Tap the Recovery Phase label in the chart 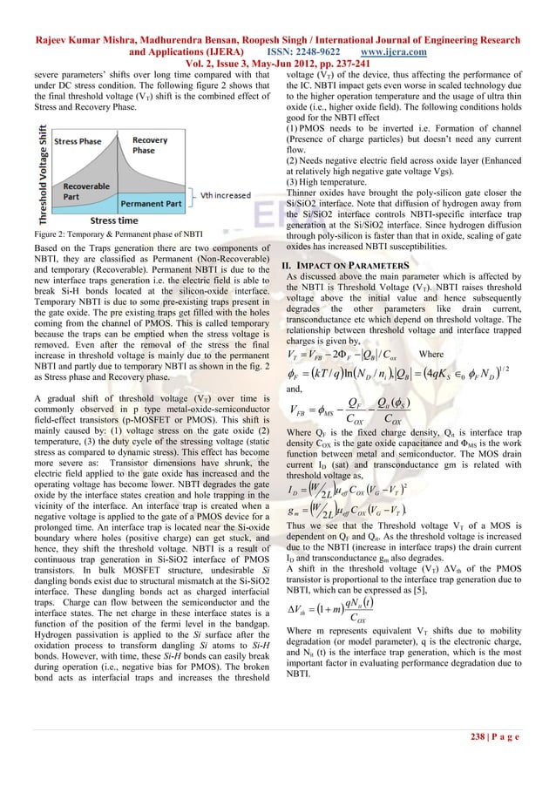[x=150, y=145]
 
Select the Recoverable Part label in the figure [x=83, y=187]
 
